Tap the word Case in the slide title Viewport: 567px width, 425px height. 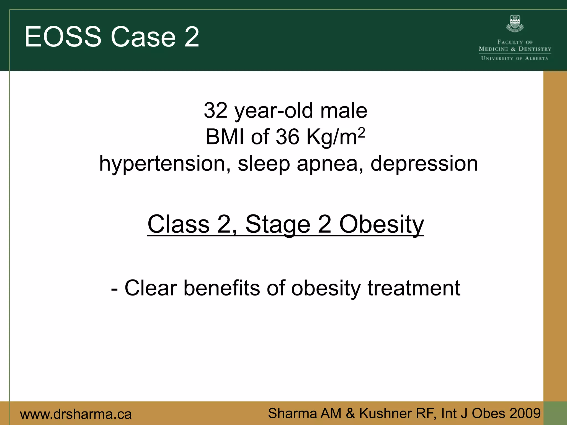(x=143, y=37)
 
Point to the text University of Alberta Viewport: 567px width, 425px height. (x=515, y=58)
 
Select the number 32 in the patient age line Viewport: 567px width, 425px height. (x=215, y=111)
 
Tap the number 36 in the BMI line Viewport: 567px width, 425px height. (x=287, y=137)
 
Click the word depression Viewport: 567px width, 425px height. (x=424, y=164)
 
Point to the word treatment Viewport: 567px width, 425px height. (x=414, y=288)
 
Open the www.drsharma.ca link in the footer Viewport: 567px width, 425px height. (x=76, y=414)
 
